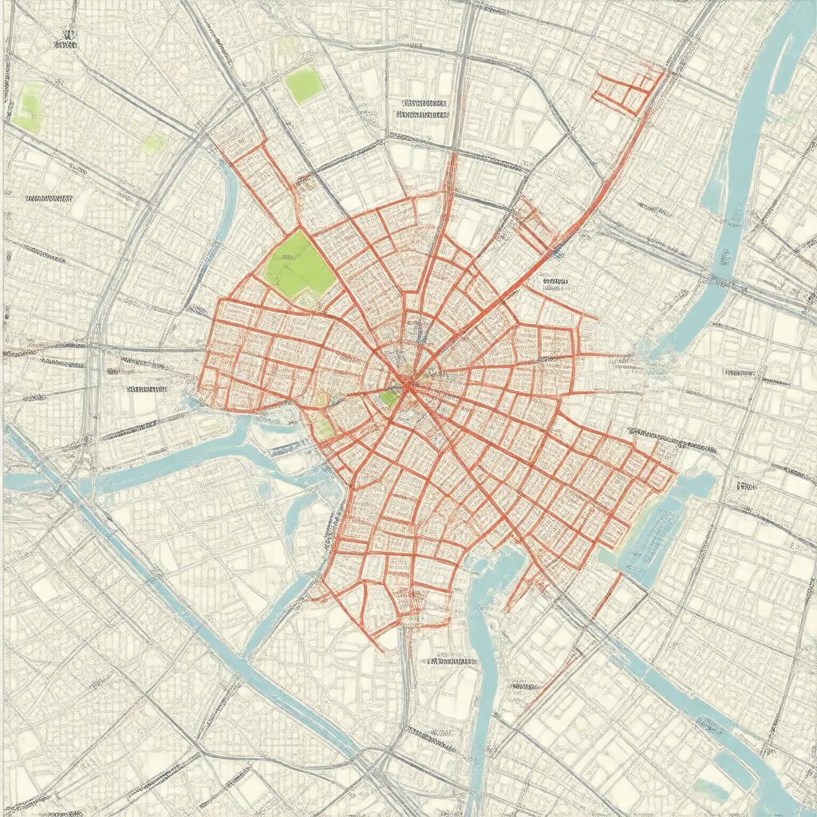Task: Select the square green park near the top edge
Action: point(304,85)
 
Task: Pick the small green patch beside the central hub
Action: point(389,397)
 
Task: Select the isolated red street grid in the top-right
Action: point(627,90)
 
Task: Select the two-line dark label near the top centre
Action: point(423,109)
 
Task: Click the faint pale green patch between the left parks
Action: point(154,144)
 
